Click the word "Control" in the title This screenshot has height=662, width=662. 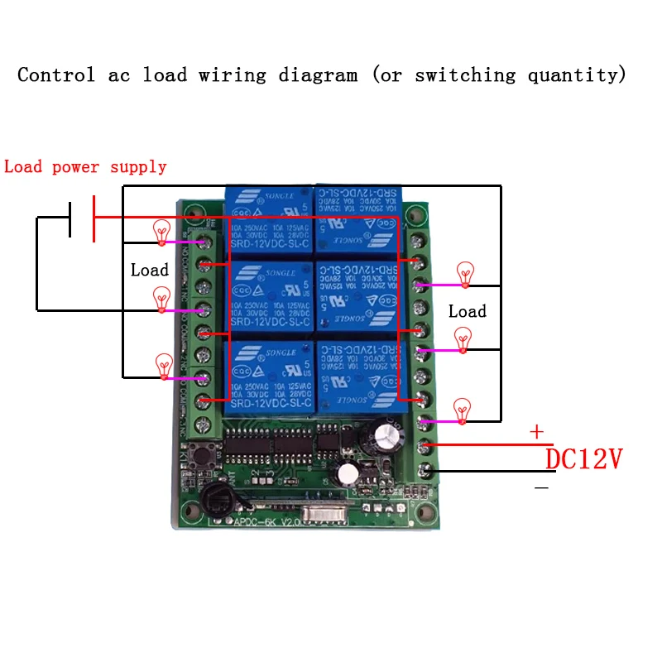click(56, 75)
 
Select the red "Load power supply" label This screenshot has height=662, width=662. click(85, 167)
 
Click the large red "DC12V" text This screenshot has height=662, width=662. click(583, 458)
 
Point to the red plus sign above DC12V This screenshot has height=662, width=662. click(537, 431)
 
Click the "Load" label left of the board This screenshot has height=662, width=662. click(150, 270)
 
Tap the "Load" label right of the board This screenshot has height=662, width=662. click(468, 311)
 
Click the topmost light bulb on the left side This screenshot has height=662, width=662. click(161, 231)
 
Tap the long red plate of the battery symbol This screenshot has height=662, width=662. click(94, 218)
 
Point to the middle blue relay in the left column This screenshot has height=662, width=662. click(266, 297)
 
